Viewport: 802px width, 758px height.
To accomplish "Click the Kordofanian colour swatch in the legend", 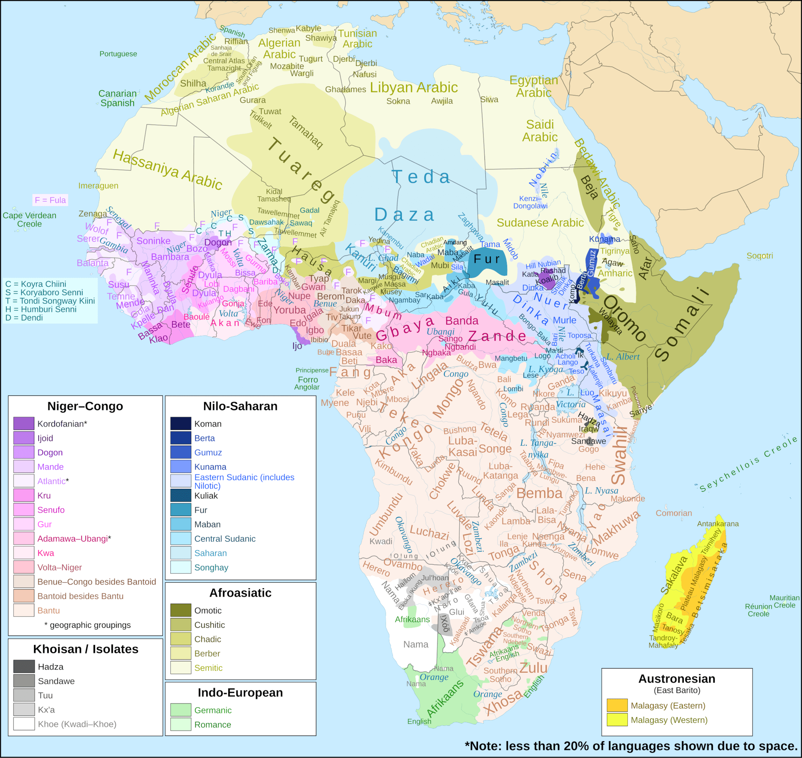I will pos(23,424).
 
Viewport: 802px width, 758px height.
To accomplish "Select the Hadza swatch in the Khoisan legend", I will pos(23,666).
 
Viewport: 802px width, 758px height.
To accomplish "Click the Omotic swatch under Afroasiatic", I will pos(181,610).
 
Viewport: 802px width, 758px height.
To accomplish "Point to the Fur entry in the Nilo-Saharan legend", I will pos(200,510).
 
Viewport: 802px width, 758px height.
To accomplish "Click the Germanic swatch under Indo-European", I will pos(181,710).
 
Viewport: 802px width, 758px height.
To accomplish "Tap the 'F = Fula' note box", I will pos(50,200).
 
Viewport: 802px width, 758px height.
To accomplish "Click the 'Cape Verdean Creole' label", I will pos(29,219).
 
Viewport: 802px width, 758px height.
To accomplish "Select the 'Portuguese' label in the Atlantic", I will pos(118,54).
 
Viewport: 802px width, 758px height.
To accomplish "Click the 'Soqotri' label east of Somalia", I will pos(759,255).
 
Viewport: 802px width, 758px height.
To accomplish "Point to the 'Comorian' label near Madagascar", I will pos(674,513).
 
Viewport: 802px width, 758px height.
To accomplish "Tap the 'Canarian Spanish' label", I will pos(117,98).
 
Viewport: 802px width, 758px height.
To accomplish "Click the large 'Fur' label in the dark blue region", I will pos(487,259).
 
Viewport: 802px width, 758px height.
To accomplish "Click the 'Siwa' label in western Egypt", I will pos(489,99).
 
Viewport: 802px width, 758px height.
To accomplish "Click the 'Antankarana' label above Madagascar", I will pos(717,524).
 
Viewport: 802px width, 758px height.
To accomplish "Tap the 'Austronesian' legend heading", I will pos(676,678).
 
